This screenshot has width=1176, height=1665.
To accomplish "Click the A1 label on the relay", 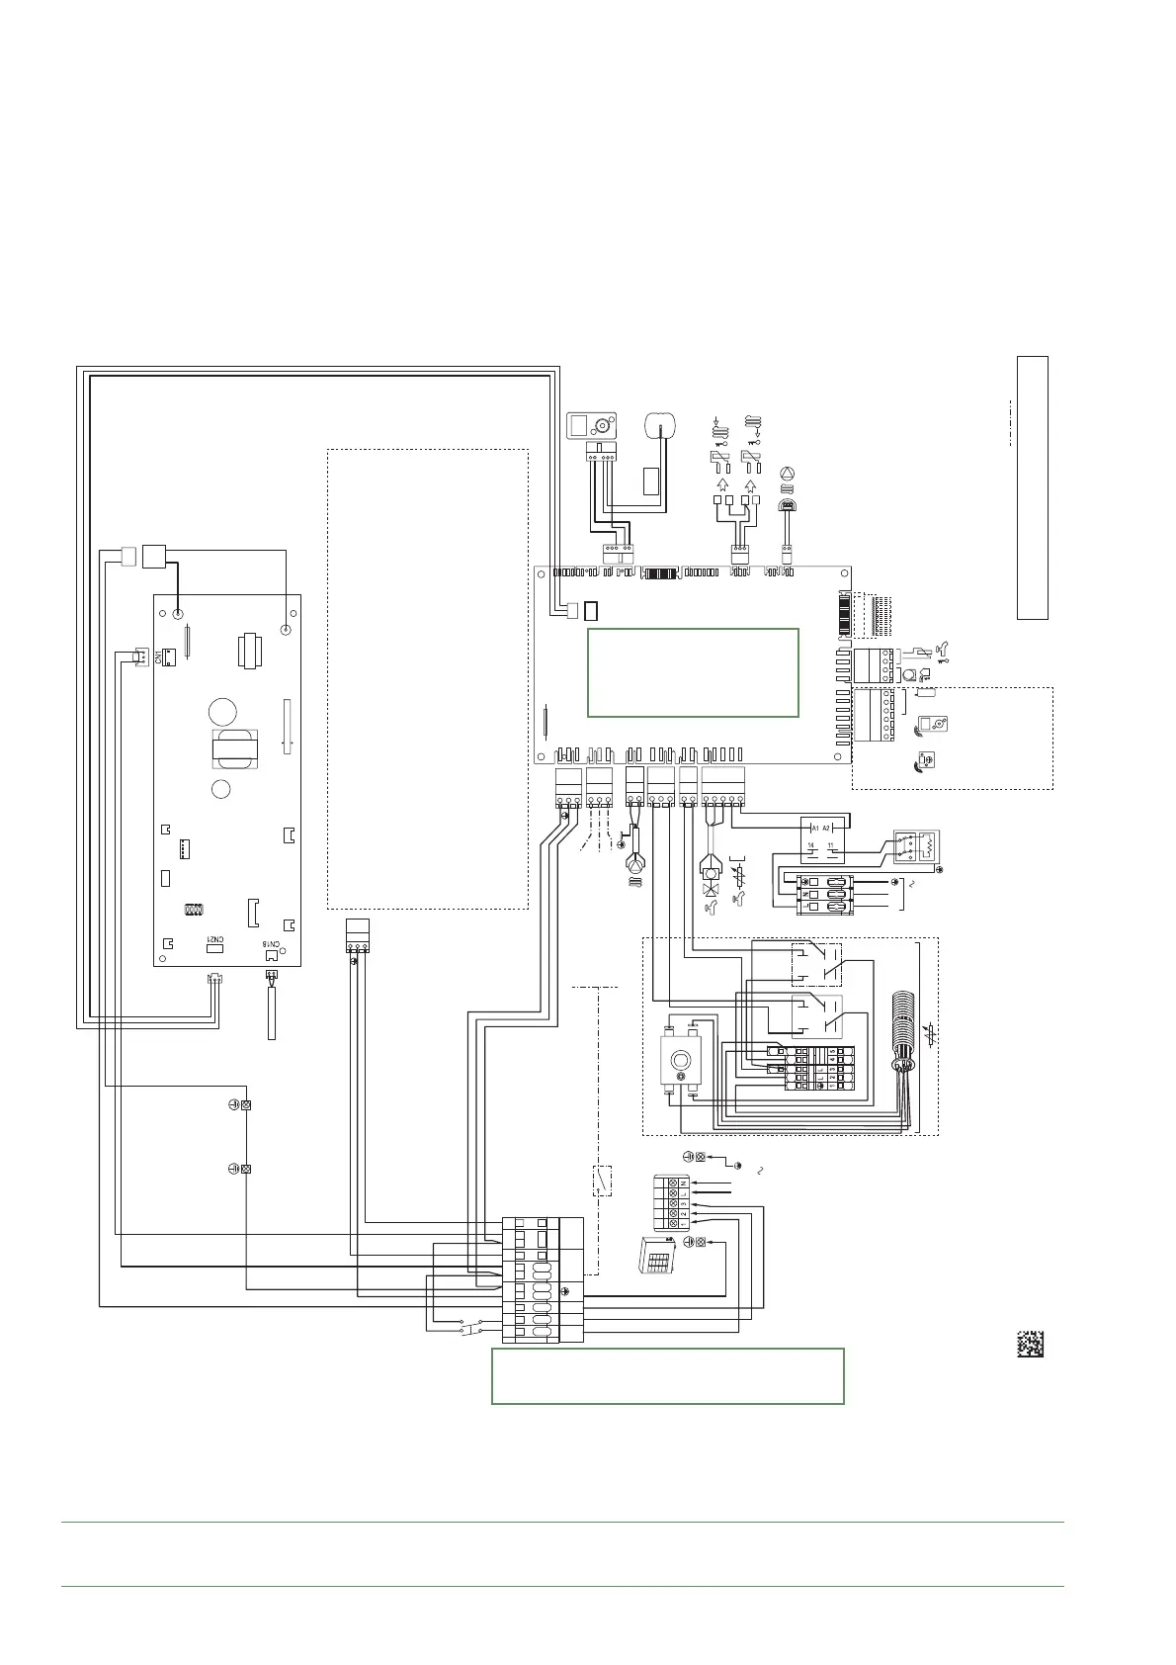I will coord(815,827).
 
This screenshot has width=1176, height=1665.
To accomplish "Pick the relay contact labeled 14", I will coord(811,845).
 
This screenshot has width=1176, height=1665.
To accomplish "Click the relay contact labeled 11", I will coord(832,845).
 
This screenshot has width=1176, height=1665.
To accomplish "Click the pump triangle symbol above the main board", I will coord(788,474).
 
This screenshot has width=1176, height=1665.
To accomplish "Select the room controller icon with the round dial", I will coord(590,427).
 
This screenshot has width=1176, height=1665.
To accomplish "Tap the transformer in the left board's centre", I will coord(234,749).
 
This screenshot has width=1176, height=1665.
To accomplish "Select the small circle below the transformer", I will coord(222,789).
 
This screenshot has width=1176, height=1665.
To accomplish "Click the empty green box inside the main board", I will coord(693,671).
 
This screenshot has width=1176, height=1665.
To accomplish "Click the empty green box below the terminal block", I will coord(667,1375).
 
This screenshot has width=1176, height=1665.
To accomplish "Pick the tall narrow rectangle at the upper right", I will coord(1032,487).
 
